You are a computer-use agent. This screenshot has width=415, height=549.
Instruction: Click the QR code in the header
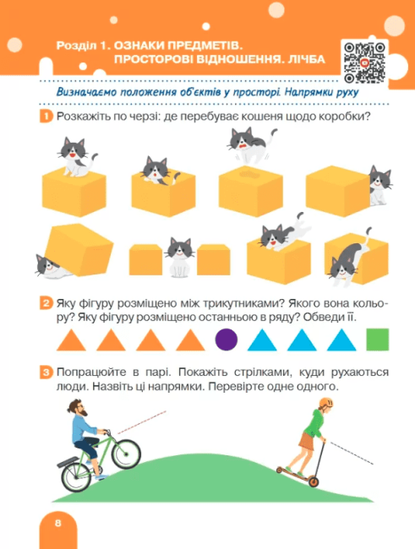coord(364,63)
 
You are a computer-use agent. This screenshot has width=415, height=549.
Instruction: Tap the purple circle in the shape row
coord(226,340)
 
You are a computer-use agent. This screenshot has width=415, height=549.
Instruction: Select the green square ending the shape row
coord(378,340)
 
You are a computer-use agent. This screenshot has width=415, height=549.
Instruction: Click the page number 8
coord(57,523)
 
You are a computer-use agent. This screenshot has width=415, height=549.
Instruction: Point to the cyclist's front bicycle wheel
coord(126,454)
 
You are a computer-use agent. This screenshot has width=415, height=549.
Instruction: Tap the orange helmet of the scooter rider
coord(325,403)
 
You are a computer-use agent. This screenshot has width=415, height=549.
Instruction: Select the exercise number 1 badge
coord(46,117)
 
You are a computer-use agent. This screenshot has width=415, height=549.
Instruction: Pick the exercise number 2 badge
coord(46,303)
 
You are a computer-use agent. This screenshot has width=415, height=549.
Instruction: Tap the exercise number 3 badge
coord(46,372)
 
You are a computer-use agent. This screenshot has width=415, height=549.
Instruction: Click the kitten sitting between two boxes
coord(179,257)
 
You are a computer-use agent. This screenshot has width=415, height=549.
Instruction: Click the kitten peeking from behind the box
coord(380,185)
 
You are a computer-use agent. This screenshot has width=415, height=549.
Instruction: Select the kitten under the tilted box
coord(51,267)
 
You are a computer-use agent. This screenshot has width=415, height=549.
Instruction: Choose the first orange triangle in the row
coord(71,341)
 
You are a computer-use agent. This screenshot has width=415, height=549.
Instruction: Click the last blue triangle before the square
coord(341,341)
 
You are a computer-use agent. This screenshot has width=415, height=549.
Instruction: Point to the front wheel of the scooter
coord(314,481)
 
